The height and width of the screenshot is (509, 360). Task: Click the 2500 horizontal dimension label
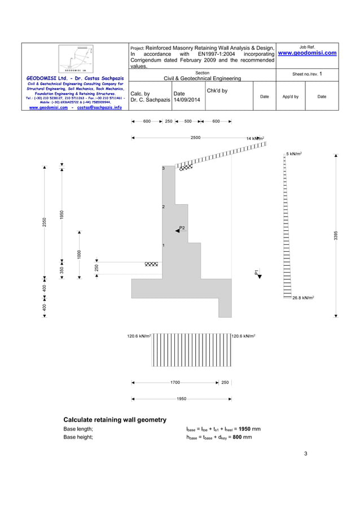point(195,137)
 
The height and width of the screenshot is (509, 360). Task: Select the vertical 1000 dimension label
point(80,254)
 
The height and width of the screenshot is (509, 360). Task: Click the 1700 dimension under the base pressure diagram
point(175,382)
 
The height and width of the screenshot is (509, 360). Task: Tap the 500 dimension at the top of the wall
point(188,121)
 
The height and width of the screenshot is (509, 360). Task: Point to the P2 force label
point(182,227)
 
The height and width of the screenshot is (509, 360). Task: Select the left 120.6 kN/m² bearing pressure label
point(138,336)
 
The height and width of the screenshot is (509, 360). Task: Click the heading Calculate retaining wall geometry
point(115,419)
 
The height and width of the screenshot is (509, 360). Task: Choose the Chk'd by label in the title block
point(217,90)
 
